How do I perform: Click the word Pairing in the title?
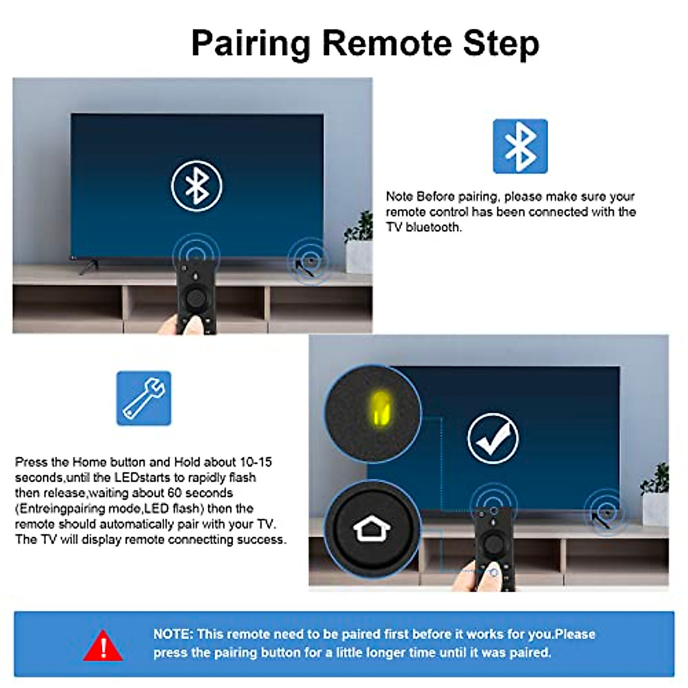click(x=250, y=44)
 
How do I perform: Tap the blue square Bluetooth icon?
click(x=520, y=146)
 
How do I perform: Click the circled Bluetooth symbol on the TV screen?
click(x=197, y=186)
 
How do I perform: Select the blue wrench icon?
click(x=143, y=398)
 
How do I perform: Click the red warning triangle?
click(x=103, y=646)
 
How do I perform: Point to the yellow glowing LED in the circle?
click(x=380, y=409)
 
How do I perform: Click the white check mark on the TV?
click(x=493, y=439)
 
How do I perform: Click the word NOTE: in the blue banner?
click(x=173, y=634)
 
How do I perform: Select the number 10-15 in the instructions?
click(x=256, y=462)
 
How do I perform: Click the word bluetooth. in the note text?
click(x=433, y=227)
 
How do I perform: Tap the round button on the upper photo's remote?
click(x=196, y=298)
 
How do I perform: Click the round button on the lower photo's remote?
click(x=492, y=543)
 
